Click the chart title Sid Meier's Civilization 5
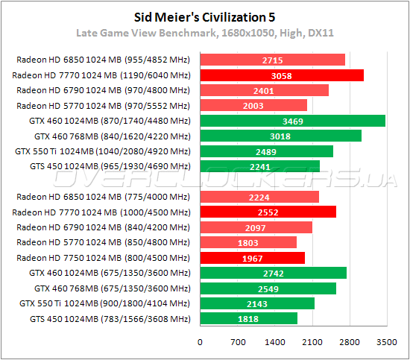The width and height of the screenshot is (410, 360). [204, 16]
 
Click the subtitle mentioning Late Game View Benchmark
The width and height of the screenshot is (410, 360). [204, 33]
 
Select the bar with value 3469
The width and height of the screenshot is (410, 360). [292, 121]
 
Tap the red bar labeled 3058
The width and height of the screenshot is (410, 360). [281, 75]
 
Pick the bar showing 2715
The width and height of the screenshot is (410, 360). [272, 60]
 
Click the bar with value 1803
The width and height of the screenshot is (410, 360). [247, 242]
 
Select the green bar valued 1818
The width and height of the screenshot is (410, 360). [248, 318]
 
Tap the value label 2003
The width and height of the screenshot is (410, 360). [253, 106]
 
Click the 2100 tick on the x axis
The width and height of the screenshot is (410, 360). [312, 342]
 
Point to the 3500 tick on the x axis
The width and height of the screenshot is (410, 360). [386, 342]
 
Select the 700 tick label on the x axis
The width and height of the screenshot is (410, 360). [237, 342]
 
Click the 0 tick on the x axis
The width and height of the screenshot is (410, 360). [200, 342]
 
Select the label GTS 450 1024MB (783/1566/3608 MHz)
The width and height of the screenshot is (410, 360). [105, 319]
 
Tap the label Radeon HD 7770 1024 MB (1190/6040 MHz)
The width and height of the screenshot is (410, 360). [101, 75]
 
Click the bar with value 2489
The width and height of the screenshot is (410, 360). [266, 151]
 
